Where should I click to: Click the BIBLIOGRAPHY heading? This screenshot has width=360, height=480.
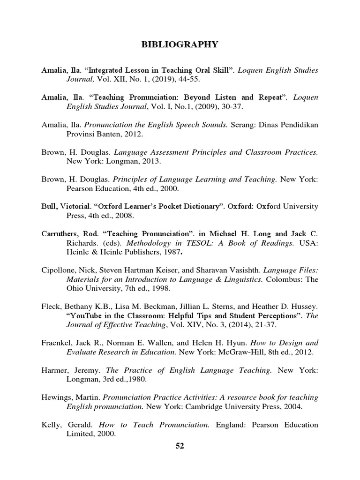click(180, 45)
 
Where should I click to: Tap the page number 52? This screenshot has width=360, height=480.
click(180, 446)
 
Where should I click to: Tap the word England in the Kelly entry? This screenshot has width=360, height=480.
click(230, 425)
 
